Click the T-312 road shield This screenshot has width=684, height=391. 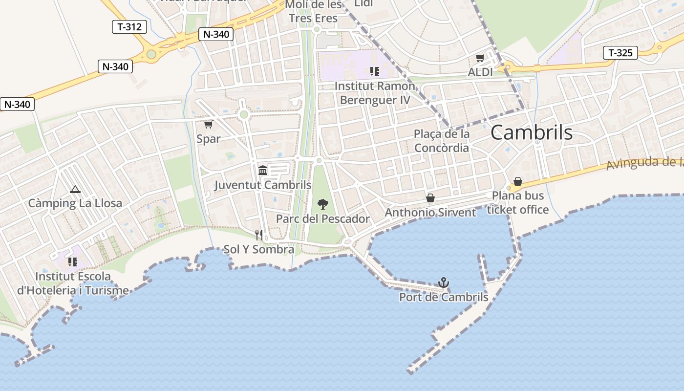point(129,27)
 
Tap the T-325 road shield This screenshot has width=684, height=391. point(620,53)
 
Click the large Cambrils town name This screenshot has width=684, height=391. point(531,132)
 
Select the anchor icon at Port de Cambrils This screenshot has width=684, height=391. point(443,282)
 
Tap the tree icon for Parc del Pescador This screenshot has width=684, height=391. point(322,204)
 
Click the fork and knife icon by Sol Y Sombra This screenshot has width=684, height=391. point(259,235)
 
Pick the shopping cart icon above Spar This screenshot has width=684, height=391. point(209,125)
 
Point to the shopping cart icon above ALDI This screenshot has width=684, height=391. point(480,58)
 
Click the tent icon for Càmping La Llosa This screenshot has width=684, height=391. point(75,189)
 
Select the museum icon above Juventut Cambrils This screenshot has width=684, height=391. point(263,170)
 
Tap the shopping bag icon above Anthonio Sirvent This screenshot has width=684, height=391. point(430,198)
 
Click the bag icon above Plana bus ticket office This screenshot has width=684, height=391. point(518,182)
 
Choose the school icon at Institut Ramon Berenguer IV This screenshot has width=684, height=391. point(375,71)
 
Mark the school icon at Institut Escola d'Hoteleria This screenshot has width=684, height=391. point(73,262)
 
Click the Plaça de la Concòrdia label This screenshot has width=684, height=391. point(441,141)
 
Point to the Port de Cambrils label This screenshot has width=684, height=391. point(444,297)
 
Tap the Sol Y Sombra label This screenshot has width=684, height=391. point(258,249)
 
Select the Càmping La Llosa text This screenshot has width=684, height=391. point(75,203)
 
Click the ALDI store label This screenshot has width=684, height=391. point(480,72)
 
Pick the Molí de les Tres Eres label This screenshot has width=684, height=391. point(313,12)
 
